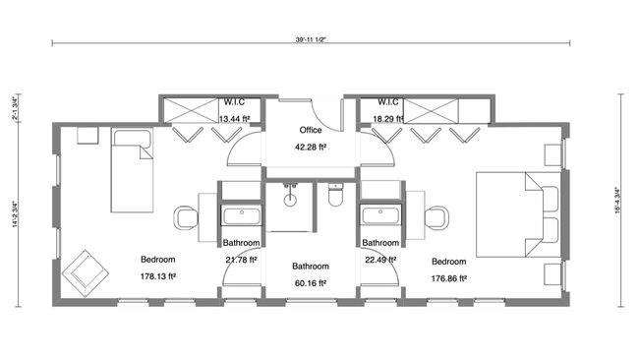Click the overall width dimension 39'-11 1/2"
pyautogui.click(x=310, y=42)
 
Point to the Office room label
pyautogui.click(x=311, y=130)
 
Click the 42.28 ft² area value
pyautogui.click(x=311, y=148)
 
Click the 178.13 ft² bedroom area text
pyautogui.click(x=157, y=277)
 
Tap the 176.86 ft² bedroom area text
pyautogui.click(x=448, y=278)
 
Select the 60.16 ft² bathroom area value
pyautogui.click(x=310, y=283)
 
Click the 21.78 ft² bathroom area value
pyautogui.click(x=240, y=260)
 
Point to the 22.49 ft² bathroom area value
pyautogui.click(x=379, y=260)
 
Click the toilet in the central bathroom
pyautogui.click(x=334, y=200)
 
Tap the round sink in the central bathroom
pyautogui.click(x=292, y=200)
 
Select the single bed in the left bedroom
pyautogui.click(x=130, y=173)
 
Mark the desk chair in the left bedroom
pyautogui.click(x=184, y=216)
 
